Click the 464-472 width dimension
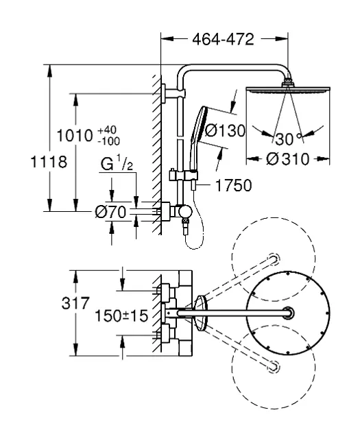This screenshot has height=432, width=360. [x=223, y=39]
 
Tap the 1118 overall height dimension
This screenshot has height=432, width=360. [x=49, y=161]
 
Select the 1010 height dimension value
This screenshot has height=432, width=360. [x=74, y=136]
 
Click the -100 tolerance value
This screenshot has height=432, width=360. [x=109, y=141]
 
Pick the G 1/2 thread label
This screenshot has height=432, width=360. [x=117, y=163]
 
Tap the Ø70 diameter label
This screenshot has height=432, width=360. [x=110, y=212]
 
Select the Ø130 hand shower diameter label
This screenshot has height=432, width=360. [x=225, y=130]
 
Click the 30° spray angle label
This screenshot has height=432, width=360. [x=288, y=139]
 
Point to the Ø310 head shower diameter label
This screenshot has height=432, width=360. [x=287, y=159]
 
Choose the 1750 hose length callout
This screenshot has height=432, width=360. [x=233, y=185]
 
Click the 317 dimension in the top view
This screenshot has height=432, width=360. [x=75, y=303]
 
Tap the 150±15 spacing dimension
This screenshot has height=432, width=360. [x=121, y=315]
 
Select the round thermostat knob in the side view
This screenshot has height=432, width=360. [x=185, y=212]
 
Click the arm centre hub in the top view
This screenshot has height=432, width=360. [x=288, y=313]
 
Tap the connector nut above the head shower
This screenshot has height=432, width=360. [x=288, y=83]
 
